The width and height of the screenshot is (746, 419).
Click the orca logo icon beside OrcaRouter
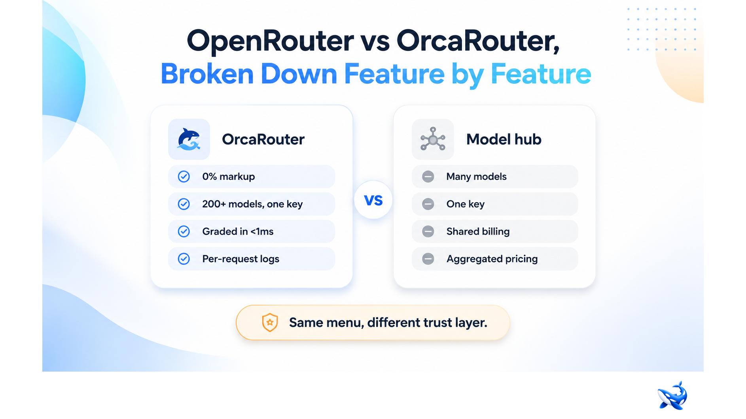pos(189,139)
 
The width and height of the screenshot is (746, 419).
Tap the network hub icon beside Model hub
pos(433,139)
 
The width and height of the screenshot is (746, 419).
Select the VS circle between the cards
pos(373,200)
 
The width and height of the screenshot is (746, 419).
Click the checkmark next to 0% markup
pos(184,177)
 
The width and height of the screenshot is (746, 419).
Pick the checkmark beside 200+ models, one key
pos(184,204)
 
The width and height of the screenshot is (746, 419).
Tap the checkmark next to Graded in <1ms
pos(184,231)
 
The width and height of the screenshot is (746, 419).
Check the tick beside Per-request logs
pos(184,259)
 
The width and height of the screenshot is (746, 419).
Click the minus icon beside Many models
pos(428,177)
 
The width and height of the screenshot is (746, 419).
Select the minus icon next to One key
pos(428,204)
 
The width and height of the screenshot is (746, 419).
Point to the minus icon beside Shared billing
pos(428,231)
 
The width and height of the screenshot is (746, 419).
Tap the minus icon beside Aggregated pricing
pos(428,259)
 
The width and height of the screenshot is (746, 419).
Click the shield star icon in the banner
pos(270,323)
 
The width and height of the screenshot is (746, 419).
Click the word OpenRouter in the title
pos(270,41)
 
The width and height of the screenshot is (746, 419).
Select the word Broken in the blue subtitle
pos(207,74)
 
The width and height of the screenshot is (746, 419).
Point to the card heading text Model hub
pos(504,139)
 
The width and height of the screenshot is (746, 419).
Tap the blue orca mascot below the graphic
pos(672,395)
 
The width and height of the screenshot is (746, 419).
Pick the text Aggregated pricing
pos(492,259)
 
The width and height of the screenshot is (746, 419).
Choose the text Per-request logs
pos(240,259)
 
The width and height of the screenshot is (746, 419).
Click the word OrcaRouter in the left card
pos(263,139)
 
